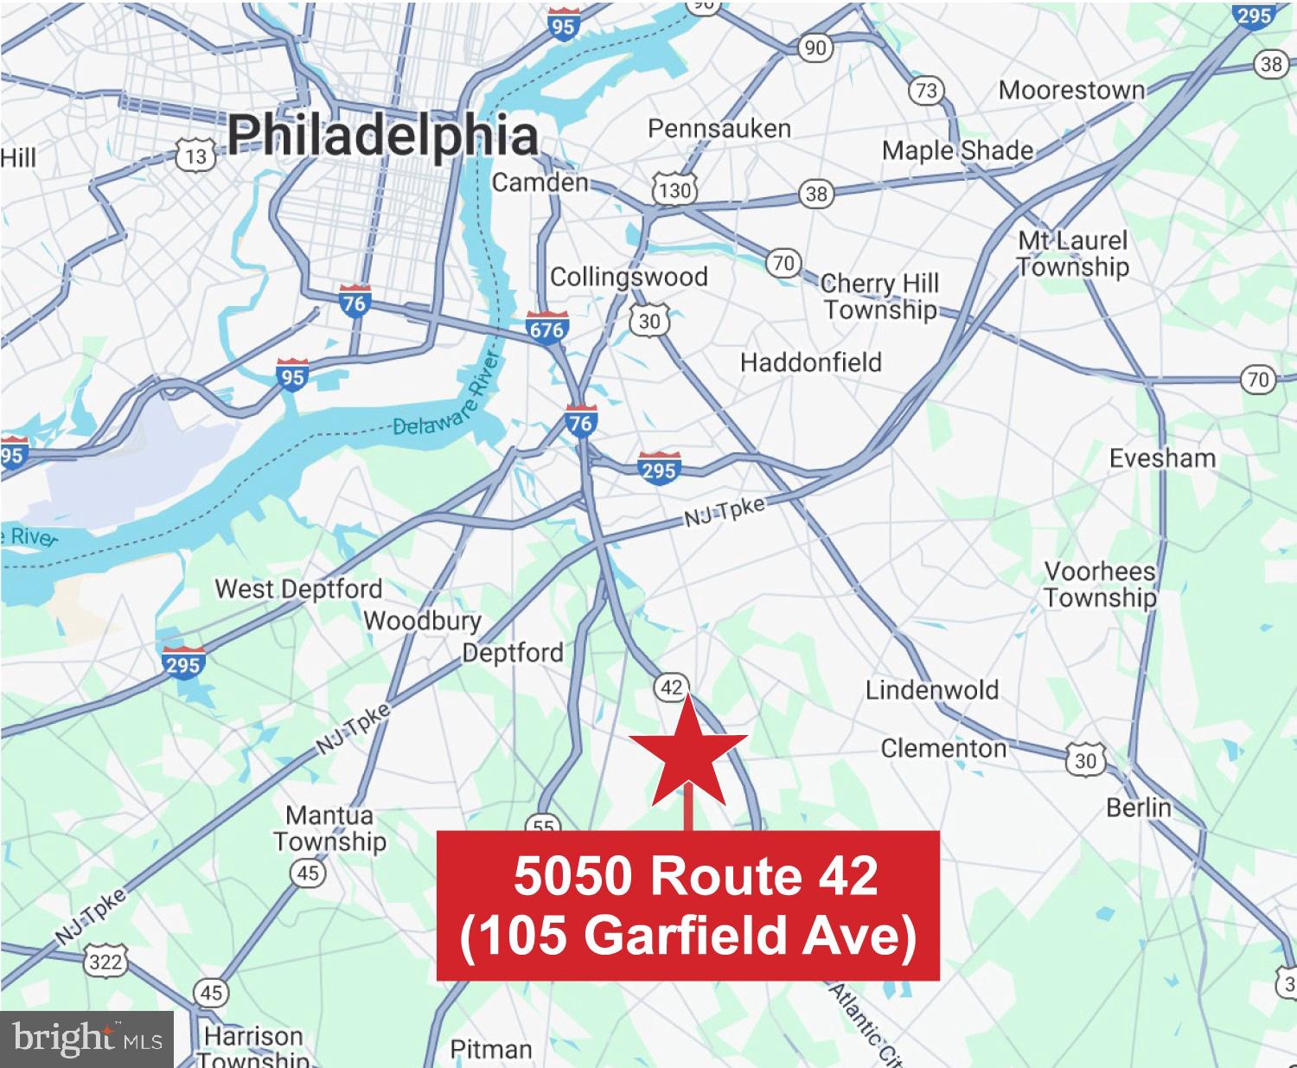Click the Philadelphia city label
[x=383, y=137]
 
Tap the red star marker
[x=688, y=751]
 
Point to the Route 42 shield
[x=671, y=687]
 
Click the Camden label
[x=540, y=182]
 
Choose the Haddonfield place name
[x=810, y=362]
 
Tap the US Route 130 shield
[x=674, y=189]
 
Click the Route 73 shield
[x=926, y=91]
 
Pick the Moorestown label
[x=1071, y=90]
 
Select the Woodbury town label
[x=422, y=621]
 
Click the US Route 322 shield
[x=105, y=962]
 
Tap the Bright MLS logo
[x=86, y=1039]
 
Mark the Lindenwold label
[x=932, y=690]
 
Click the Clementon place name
[x=943, y=748]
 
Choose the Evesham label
[x=1162, y=457]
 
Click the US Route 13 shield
[x=195, y=156]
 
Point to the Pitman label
[x=491, y=1049]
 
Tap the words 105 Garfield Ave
[x=687, y=936]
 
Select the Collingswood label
[x=629, y=277]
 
